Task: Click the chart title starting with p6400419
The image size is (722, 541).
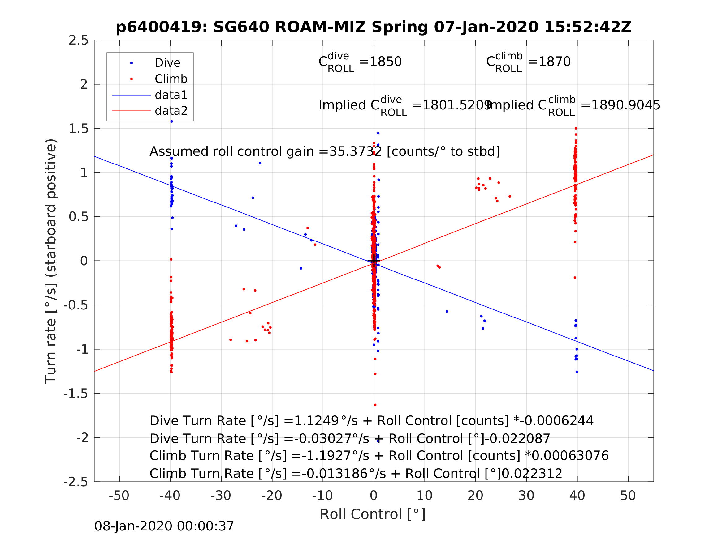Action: [x=374, y=27]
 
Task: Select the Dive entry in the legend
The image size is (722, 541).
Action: [x=167, y=63]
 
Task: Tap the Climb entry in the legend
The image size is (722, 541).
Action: [x=171, y=79]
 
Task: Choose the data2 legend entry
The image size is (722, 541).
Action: [x=171, y=111]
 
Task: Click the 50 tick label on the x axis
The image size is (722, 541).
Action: [x=628, y=496]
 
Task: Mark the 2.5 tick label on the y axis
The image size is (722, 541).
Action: [x=79, y=40]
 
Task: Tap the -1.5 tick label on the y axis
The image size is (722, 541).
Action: [x=76, y=394]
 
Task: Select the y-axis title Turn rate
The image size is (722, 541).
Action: [x=51, y=261]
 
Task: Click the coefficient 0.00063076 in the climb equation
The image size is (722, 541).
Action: [x=570, y=456]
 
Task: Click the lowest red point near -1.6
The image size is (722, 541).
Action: [x=375, y=405]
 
